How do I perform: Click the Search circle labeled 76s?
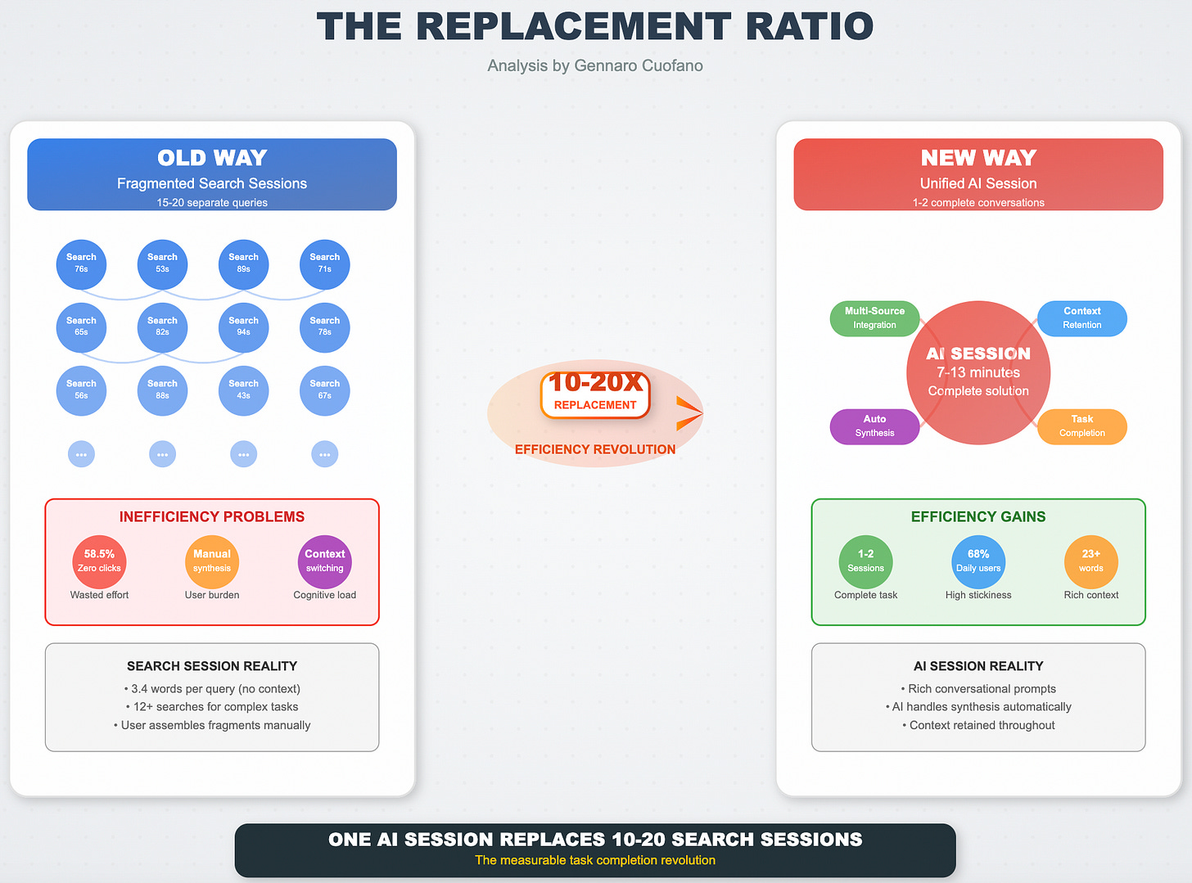tap(81, 264)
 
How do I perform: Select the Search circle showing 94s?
tap(243, 327)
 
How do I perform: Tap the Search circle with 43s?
tap(243, 390)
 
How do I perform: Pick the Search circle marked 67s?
tap(324, 390)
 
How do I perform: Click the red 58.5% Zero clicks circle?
tap(99, 561)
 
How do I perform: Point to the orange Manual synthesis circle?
tap(212, 561)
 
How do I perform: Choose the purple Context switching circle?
tap(325, 561)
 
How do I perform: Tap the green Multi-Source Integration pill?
tap(874, 318)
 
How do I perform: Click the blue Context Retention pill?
tap(1081, 318)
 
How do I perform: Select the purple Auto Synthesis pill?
tap(874, 426)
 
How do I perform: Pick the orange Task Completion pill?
tap(1081, 426)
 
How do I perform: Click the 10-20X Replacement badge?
tap(595, 394)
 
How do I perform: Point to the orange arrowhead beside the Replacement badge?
tap(688, 413)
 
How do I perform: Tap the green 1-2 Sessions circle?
tap(865, 561)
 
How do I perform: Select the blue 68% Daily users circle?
tap(978, 561)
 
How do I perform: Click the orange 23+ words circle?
tap(1090, 561)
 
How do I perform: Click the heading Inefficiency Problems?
tap(212, 517)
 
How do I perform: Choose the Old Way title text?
tap(212, 158)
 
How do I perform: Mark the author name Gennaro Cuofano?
tap(639, 65)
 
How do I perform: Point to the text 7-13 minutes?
tap(978, 372)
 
